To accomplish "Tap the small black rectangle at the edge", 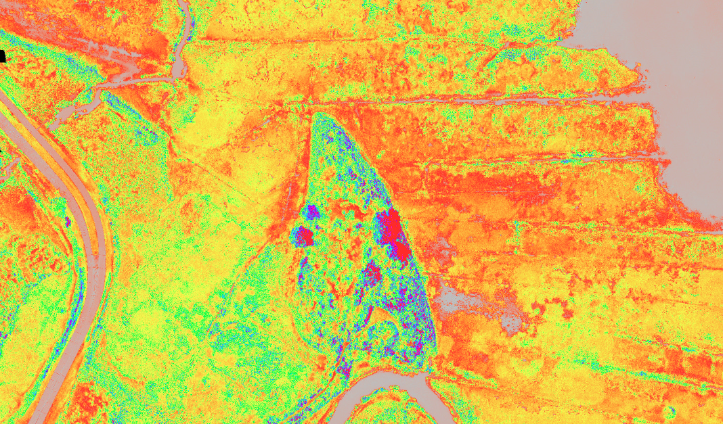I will pos(2,56).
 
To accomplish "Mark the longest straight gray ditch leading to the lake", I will pos(474,100).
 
